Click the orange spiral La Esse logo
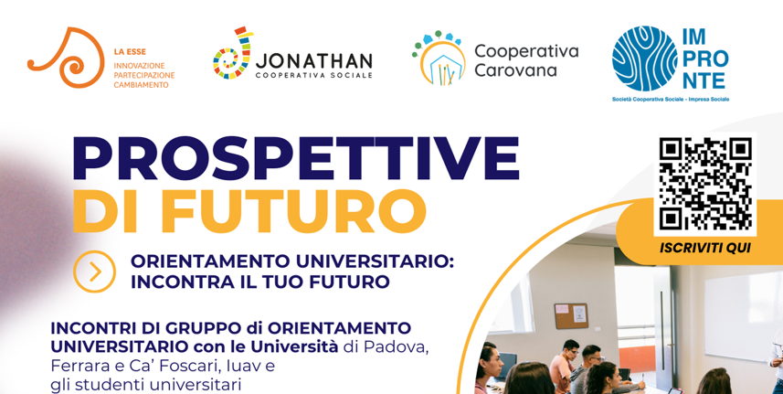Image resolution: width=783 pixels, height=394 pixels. [x=65, y=58]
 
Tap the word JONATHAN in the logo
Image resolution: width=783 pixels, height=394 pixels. [x=314, y=61]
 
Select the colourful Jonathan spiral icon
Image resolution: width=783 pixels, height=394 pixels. [x=233, y=53]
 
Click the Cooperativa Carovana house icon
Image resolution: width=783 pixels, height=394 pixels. [x=439, y=58]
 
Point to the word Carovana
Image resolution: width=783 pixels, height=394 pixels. [x=515, y=70]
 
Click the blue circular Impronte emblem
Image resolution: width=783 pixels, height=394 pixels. [x=644, y=59]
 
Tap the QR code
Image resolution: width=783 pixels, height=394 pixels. [x=705, y=184]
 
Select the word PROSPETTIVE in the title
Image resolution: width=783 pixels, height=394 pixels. [x=296, y=157]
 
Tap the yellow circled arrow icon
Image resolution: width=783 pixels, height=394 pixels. [x=94, y=272]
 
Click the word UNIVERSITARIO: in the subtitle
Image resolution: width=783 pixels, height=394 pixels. [x=374, y=261]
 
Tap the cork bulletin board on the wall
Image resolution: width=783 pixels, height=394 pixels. [x=571, y=316]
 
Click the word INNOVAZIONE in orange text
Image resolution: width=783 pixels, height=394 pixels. [x=139, y=66]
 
